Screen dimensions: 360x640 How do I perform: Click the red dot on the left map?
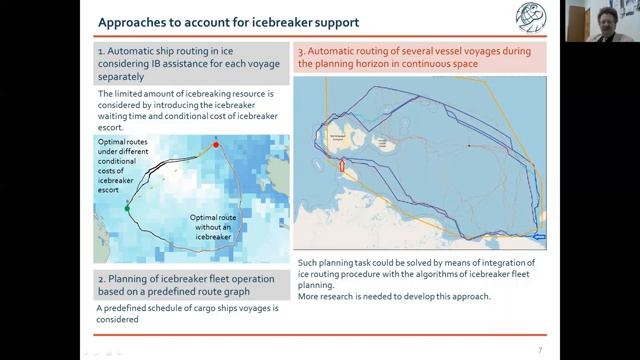tap(216, 145)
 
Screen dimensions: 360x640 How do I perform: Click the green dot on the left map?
tap(127, 207)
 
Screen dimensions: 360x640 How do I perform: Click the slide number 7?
tap(539, 349)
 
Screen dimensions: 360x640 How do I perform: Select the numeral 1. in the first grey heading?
tap(102, 49)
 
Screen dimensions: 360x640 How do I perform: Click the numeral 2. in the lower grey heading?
tap(102, 277)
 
